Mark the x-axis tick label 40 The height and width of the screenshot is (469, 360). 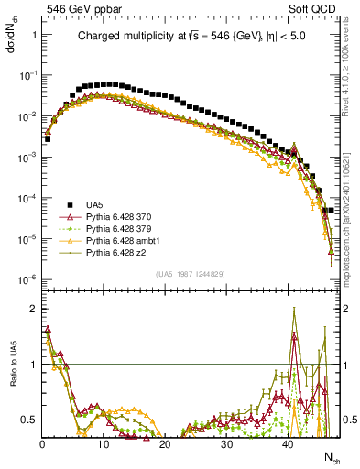[x=287, y=442]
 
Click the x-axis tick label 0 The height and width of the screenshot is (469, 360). [x=42, y=442]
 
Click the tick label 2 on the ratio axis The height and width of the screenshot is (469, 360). [x=34, y=309]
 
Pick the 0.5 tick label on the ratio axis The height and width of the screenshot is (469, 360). [x=30, y=420]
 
